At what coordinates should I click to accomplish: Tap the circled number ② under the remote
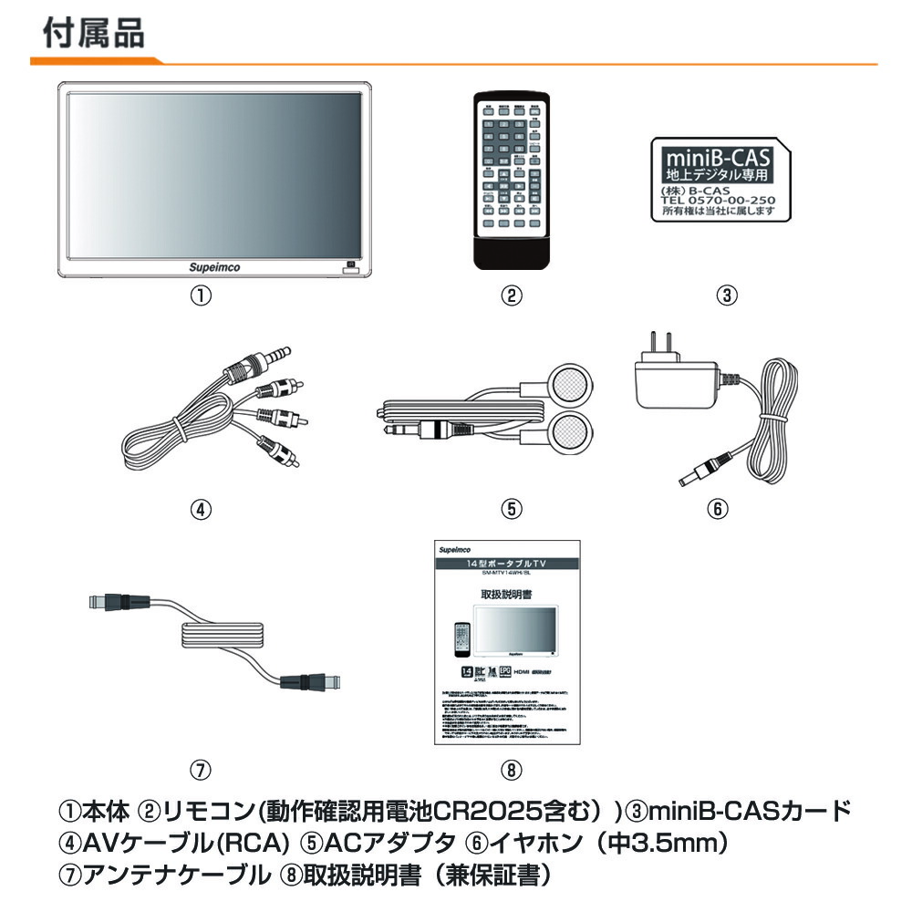click(513, 295)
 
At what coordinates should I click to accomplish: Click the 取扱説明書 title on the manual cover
click(507, 593)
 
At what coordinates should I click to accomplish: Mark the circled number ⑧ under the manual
click(511, 769)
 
